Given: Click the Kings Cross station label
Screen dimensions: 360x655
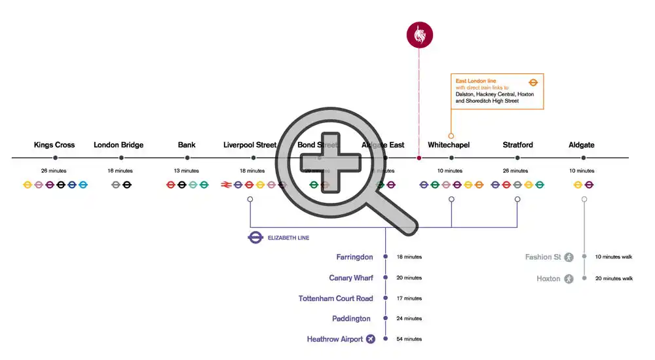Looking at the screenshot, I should (x=54, y=145).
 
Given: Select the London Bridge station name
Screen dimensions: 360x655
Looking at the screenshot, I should (x=119, y=145).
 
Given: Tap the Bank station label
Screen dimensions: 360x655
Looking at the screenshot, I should (x=187, y=145).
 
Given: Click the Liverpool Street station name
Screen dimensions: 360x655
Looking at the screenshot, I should (x=250, y=145).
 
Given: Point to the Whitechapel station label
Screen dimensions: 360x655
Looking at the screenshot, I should (x=449, y=145).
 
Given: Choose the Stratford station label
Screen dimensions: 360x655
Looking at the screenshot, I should (x=517, y=145).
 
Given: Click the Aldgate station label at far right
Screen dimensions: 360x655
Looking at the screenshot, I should (x=582, y=145).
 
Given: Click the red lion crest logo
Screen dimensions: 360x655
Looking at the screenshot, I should (x=419, y=35).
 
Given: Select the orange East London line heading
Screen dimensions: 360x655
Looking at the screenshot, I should (x=476, y=81).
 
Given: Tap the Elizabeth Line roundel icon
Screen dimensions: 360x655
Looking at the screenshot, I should (x=255, y=238).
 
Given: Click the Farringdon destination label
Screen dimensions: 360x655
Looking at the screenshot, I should (x=354, y=257).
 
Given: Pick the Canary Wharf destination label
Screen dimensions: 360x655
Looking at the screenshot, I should (x=351, y=278).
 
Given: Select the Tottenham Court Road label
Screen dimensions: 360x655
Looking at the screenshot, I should (x=335, y=298).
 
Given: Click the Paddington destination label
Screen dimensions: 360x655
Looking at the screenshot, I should (x=352, y=319).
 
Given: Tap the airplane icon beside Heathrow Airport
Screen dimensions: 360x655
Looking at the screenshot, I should (x=371, y=339).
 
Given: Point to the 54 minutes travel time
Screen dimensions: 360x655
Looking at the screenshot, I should (x=409, y=339).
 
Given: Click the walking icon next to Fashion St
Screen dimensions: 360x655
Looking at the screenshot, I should (x=569, y=257).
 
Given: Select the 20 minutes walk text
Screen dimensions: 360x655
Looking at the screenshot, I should (x=614, y=278).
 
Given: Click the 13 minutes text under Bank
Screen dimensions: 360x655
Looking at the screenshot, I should (x=187, y=171).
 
